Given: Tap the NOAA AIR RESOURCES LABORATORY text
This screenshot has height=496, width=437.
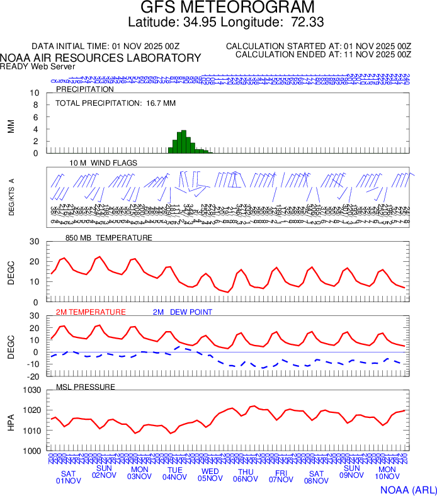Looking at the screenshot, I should click(x=101, y=58).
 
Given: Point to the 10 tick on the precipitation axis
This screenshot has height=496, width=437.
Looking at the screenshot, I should click(x=35, y=93).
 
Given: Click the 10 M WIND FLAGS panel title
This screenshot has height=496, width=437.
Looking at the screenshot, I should click(x=103, y=163).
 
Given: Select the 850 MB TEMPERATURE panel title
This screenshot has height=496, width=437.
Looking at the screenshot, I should click(x=109, y=238).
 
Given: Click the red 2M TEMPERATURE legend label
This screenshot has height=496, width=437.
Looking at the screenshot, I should click(x=91, y=312).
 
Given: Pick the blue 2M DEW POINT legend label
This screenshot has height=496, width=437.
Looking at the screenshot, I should click(x=183, y=312).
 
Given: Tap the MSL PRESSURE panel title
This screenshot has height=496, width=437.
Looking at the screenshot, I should click(x=86, y=386).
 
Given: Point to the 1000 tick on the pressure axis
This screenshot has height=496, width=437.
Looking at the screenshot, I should click(x=32, y=451).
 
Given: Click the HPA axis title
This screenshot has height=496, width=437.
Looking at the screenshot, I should click(x=11, y=421).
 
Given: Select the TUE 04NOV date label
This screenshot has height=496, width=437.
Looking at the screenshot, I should click(x=174, y=473).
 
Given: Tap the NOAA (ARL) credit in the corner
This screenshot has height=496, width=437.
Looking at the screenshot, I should click(x=408, y=489).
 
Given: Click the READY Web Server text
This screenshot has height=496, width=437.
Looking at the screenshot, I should click(x=38, y=66).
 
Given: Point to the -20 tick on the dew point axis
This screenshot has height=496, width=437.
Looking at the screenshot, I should click(x=34, y=376).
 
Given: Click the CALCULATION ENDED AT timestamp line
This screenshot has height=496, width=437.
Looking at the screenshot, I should click(x=323, y=55).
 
